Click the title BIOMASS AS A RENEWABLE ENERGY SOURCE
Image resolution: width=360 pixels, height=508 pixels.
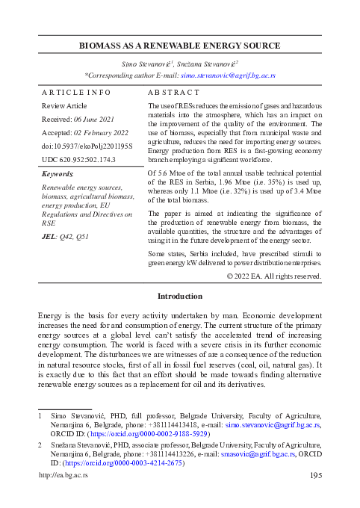(x=180, y=46)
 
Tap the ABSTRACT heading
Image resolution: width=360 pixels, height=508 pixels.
(x=173, y=92)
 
